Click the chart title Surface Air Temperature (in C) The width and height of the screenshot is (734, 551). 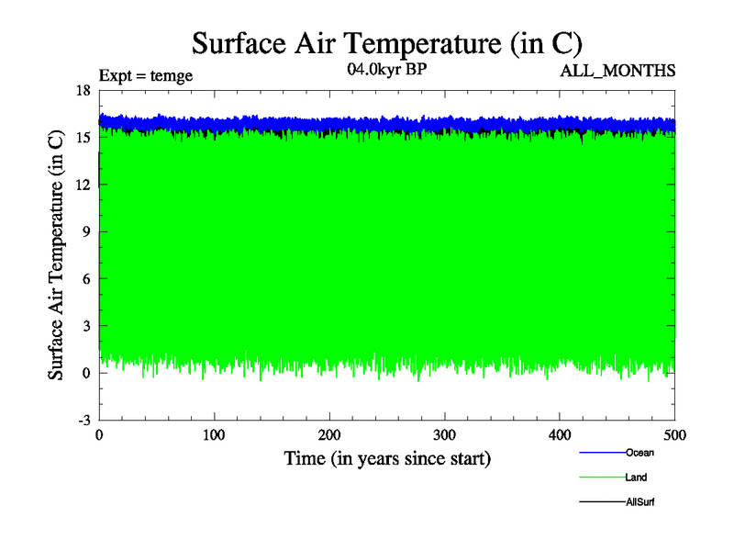coord(386,43)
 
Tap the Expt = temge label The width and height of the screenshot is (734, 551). coord(146,76)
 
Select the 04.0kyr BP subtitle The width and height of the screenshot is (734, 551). coord(386,70)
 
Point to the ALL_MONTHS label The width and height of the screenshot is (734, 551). coord(617,70)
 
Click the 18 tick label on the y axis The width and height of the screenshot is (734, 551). coord(83,90)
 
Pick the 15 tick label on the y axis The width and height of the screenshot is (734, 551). coord(83,137)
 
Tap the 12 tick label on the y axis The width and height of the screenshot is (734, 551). coord(83,185)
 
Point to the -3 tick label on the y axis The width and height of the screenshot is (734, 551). coord(83,420)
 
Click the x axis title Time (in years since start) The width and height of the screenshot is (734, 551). coord(386,457)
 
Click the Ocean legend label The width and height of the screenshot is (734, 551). coord(639,453)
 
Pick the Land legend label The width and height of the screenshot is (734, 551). coord(637,478)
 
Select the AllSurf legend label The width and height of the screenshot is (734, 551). coord(639,502)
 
